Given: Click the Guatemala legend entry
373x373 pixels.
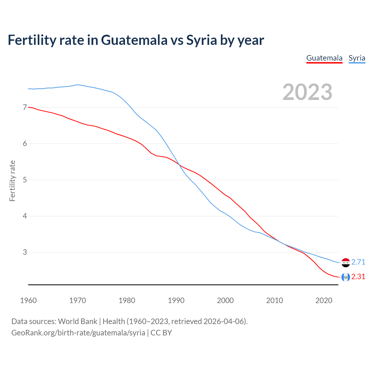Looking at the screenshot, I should tap(324, 58).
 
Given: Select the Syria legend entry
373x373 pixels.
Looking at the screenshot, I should tap(357, 58).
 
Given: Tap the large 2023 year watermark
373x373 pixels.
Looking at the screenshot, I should tap(307, 92).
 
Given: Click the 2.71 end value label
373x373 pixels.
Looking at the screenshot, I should tap(358, 262).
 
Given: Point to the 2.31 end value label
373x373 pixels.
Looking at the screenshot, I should tap(358, 277).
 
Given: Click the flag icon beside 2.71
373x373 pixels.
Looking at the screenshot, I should tap(346, 263).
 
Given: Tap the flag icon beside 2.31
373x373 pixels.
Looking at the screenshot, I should tap(346, 277).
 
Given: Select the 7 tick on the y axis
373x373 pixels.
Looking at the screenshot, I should tap(25, 108).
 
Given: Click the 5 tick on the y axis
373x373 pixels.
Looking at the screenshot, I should tap(25, 180).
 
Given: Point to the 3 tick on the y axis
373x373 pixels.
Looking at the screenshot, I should tap(25, 252).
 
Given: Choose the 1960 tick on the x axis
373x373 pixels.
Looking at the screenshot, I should tap(28, 300).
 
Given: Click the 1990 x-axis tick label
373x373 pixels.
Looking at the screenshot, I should tap(176, 300).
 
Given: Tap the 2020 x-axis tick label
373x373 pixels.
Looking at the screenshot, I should tap(324, 300).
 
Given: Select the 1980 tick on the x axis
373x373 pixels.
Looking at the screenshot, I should tap(127, 300).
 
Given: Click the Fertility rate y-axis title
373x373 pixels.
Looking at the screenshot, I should tap(12, 181).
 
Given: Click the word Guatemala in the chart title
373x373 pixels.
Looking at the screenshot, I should tap(134, 40).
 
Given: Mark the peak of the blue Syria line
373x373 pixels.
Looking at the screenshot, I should tap(77, 85).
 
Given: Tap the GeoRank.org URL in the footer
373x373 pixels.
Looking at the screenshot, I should tap(78, 332).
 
